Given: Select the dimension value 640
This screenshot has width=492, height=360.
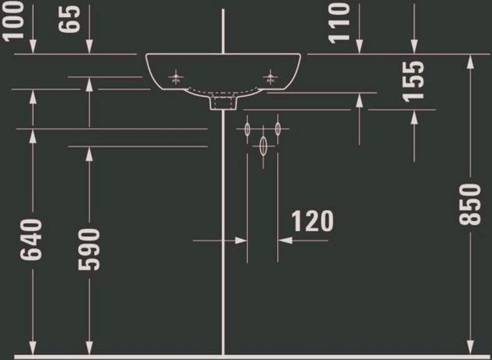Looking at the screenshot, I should coord(32,240).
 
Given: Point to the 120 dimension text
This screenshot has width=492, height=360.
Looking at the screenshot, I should coord(312,221).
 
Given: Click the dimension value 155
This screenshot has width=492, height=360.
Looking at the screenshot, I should coord(414,81).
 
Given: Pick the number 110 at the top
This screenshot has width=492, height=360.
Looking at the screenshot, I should coord(339,22).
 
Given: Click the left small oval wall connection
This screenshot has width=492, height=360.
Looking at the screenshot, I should coord(247,129).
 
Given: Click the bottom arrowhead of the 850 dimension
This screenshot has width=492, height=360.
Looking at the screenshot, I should coord(471,348).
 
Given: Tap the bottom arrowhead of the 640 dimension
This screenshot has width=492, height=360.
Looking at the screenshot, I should coord(33,348).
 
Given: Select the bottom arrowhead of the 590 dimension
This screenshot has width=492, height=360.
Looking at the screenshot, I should coord(89,348).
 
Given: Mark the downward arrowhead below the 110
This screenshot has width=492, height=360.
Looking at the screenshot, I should coord(359,47).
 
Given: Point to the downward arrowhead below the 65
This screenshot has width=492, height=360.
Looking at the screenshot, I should coord(89,47).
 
